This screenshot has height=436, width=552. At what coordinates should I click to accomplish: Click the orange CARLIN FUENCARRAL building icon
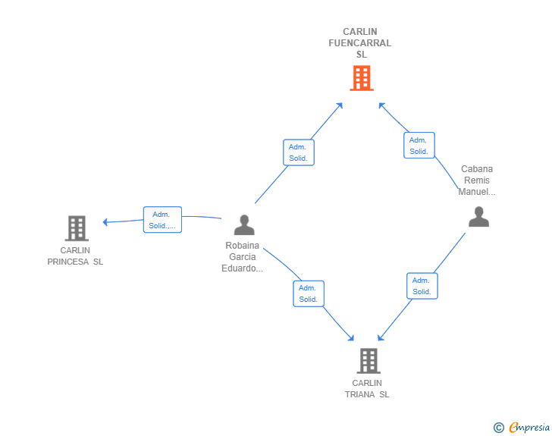362,77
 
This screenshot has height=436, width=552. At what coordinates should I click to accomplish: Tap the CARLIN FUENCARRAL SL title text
360,43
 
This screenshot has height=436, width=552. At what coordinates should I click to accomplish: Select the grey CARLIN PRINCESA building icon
76,227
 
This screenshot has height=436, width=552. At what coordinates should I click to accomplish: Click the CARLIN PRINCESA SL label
75,256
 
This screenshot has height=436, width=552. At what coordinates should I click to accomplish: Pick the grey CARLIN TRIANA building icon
369,360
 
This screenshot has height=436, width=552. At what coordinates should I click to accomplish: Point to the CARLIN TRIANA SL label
368,389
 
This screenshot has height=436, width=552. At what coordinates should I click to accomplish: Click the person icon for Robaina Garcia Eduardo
244,224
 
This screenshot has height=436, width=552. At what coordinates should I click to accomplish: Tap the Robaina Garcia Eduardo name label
243,257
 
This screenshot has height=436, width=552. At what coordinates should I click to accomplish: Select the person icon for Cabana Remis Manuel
478,217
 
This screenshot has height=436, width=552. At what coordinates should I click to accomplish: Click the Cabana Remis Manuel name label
477,180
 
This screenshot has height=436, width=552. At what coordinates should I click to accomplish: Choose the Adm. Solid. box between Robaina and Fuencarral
298,152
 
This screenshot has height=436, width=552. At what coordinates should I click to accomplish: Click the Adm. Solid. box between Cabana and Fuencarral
419,146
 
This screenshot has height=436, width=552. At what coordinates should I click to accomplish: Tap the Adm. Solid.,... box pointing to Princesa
162,220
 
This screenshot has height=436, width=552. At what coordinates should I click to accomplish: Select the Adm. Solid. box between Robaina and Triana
309,293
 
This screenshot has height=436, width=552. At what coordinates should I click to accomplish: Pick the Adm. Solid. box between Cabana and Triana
422,286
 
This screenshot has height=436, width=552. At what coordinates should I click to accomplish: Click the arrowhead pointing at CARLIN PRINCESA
106,222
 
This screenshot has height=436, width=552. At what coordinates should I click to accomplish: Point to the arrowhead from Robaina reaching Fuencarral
340,105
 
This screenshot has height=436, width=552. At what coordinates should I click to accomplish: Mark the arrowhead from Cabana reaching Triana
381,337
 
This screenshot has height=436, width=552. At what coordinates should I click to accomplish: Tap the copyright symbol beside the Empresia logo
498,428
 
